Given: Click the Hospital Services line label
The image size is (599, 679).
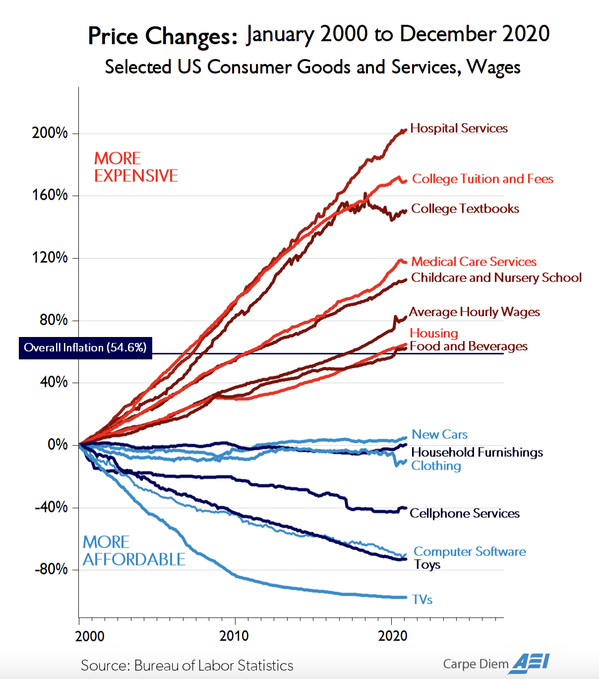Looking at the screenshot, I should coord(459,128).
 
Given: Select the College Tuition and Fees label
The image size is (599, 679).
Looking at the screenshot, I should coord(482,179).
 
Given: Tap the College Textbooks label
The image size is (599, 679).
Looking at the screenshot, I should coord(465,209).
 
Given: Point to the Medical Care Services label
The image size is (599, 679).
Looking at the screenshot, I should coord(474,262).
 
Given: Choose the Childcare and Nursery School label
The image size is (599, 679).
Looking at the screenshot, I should coord(496,278).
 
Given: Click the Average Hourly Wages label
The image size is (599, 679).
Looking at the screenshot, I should coord(475,312).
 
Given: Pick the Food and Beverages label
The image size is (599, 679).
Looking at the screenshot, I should coord(469,346).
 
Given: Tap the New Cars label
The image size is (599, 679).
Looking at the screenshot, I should coord(440,435).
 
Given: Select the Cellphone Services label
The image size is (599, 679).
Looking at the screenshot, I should coord(465,513).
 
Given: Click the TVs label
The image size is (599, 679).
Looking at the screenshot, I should coord(422,600).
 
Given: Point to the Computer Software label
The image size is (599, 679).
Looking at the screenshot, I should coord(470,552).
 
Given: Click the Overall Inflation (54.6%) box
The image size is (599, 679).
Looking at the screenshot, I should coord(85,348).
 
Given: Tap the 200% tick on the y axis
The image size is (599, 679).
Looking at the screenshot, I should coord(50,133).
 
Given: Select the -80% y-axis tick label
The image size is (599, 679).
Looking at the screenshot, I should coord(51,569).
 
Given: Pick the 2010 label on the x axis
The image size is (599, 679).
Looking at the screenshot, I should coord(234,636).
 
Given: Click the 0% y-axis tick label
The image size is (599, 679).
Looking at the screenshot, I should coord(58,445).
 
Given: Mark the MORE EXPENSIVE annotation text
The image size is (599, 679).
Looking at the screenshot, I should coord(136,167).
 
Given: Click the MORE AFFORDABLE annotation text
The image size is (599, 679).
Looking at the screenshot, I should coord(134,551).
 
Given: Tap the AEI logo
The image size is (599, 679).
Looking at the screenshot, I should coord(531,663).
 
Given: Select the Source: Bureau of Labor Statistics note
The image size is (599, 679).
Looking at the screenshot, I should coord(187,665).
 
